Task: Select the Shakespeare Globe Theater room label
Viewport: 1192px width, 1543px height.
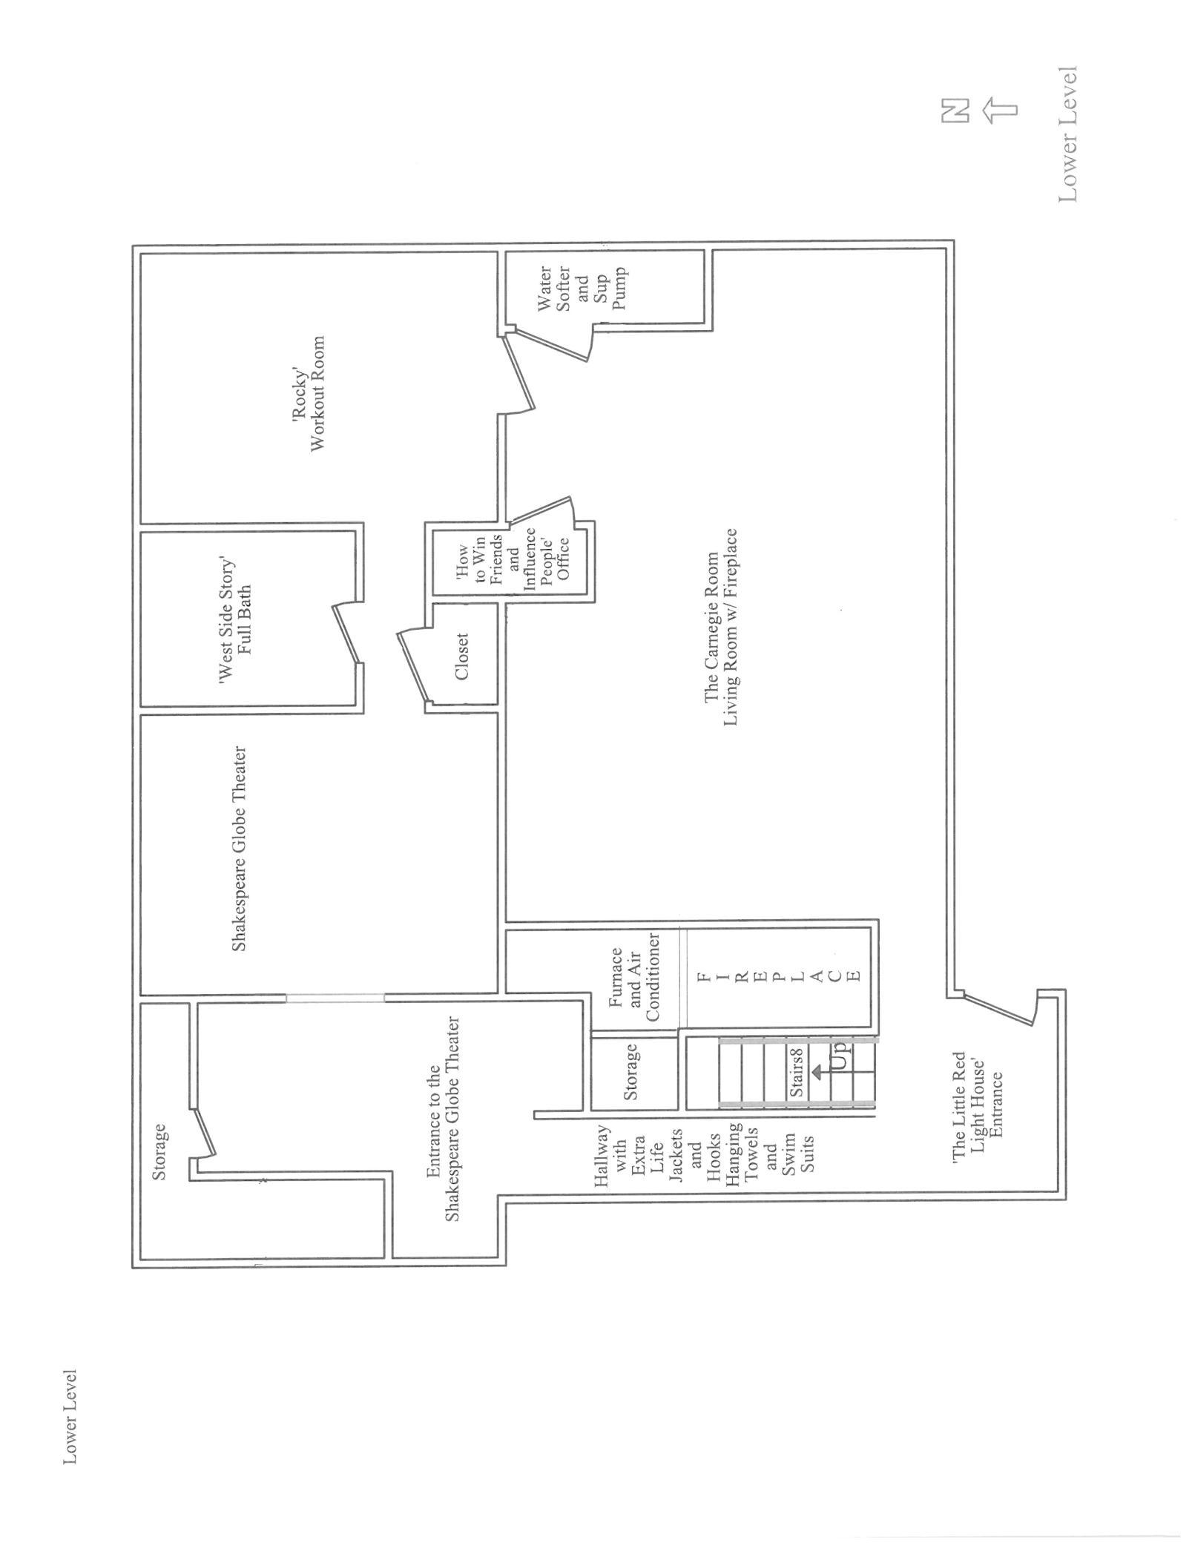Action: pyautogui.click(x=239, y=849)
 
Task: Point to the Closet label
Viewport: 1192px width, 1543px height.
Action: pyautogui.click(x=461, y=657)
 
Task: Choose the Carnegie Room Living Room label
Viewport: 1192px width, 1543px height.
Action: pyautogui.click(x=720, y=627)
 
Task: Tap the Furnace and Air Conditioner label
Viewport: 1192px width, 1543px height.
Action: pyautogui.click(x=633, y=978)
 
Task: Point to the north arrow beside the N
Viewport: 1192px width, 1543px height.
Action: pyautogui.click(x=1000, y=111)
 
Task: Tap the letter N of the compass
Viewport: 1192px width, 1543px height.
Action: pyautogui.click(x=954, y=111)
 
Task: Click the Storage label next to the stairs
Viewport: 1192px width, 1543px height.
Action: pyautogui.click(x=630, y=1071)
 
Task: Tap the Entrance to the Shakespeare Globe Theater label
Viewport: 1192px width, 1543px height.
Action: pyautogui.click(x=443, y=1118)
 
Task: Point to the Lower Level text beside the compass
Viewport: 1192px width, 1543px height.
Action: pyautogui.click(x=1067, y=134)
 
